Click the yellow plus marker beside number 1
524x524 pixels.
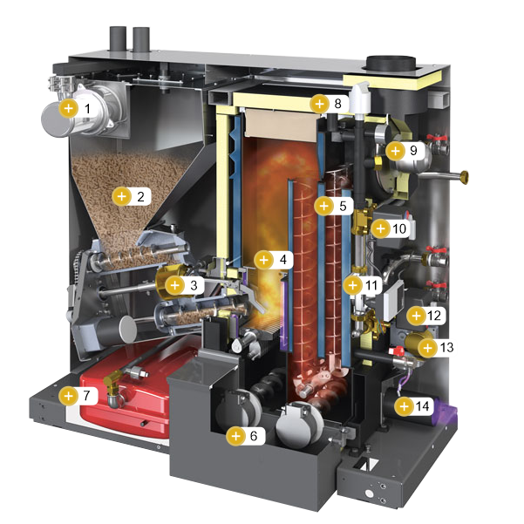coord(68,108)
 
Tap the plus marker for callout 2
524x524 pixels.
coord(122,196)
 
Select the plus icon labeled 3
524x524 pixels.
coord(174,285)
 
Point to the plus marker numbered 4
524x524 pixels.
coord(263,260)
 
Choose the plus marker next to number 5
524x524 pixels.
coord(323,206)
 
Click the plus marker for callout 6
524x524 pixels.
coord(235,436)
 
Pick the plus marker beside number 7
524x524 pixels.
coord(68,396)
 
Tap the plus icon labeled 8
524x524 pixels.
coord(319,104)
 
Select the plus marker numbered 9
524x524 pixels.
coord(395,151)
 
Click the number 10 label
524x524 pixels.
coord(399,229)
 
